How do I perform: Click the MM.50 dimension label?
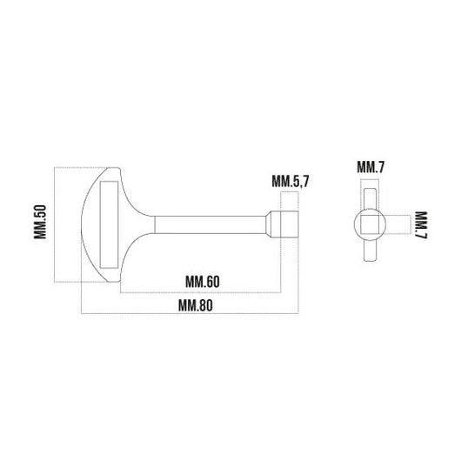(x=40, y=222)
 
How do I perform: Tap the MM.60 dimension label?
(x=203, y=282)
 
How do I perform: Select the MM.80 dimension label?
(x=196, y=306)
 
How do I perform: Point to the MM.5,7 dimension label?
(x=291, y=181)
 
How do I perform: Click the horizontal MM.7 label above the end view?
(x=371, y=167)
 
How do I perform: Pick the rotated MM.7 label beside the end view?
(x=421, y=225)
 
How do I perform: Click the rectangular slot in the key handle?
(x=109, y=224)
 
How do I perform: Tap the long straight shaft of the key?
(x=210, y=225)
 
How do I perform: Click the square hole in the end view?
(x=370, y=224)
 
